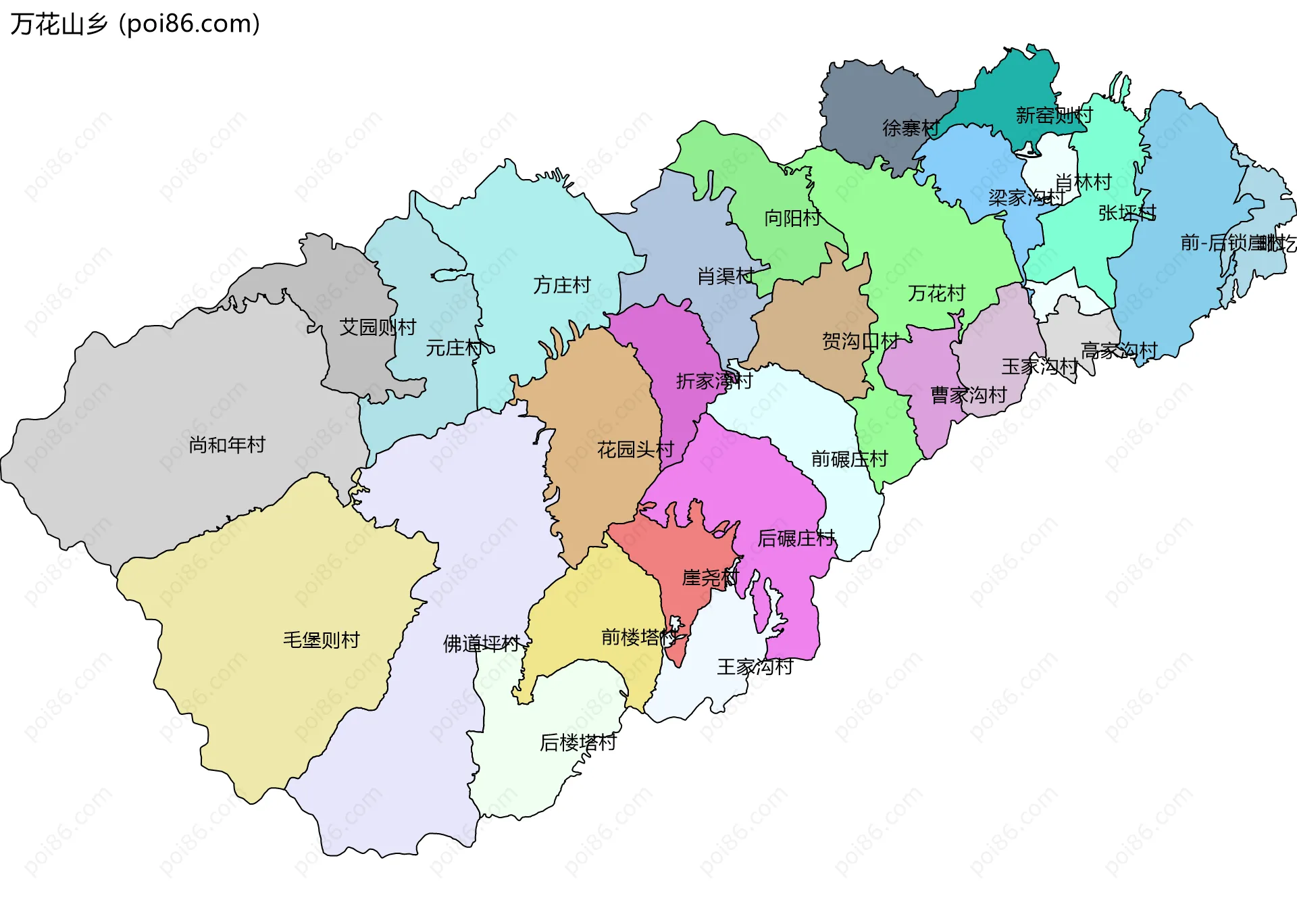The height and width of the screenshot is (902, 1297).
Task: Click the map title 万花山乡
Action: (59, 24)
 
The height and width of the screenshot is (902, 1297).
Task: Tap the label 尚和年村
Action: (227, 445)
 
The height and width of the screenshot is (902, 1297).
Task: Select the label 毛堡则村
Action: (321, 639)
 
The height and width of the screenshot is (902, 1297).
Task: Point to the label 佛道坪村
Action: (481, 643)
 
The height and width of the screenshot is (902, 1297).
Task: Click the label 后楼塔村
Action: (578, 743)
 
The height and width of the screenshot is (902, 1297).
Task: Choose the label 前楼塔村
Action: (639, 636)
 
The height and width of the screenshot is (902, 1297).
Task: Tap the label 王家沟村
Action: (755, 667)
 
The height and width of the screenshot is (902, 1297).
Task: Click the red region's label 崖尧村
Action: (710, 578)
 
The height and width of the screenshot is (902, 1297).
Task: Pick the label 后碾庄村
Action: (796, 538)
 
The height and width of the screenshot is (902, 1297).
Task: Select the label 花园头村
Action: (635, 449)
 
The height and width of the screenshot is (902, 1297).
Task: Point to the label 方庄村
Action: (561, 285)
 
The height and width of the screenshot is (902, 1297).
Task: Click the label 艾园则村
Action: (377, 327)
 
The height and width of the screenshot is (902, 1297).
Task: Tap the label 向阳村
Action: (792, 218)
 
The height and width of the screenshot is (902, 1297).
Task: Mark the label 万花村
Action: (936, 293)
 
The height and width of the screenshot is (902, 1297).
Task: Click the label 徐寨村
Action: (910, 128)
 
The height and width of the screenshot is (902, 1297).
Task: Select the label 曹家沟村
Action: (968, 395)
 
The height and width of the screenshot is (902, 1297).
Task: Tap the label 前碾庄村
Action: (849, 459)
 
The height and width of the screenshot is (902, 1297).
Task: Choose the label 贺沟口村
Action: (859, 341)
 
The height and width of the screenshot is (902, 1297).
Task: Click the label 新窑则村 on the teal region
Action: (1053, 116)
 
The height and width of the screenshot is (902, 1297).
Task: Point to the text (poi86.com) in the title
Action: (189, 24)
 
